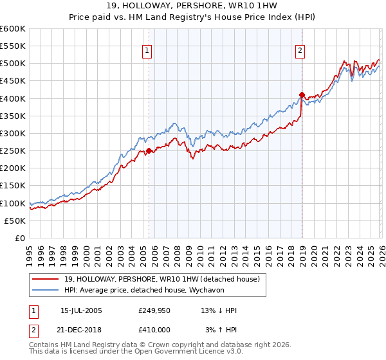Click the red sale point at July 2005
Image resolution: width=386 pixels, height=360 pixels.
point(149,151)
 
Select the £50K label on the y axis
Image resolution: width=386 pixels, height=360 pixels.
point(15,221)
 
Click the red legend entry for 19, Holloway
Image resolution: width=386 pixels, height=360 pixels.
point(161,278)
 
